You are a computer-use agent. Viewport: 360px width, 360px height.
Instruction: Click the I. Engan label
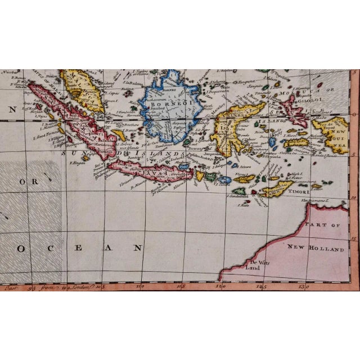pos(76,163)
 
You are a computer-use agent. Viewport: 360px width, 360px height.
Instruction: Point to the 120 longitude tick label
pos(224,286)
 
